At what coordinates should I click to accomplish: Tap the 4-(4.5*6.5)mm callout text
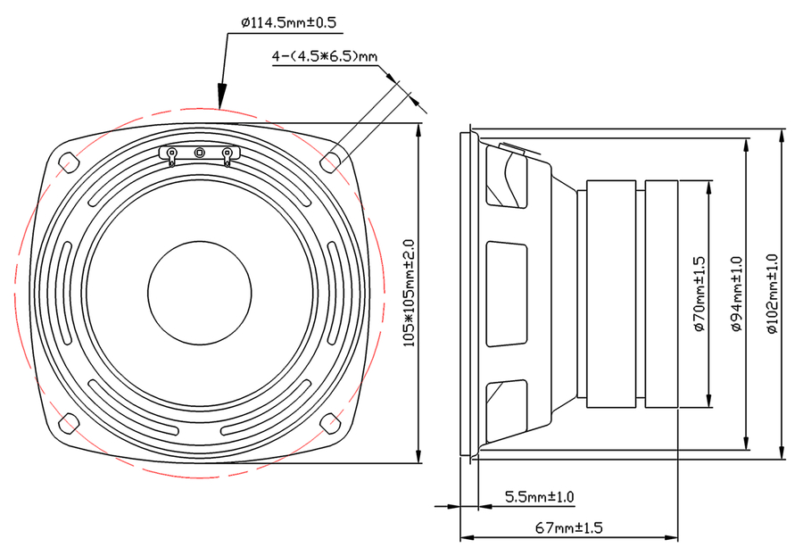[x=325, y=58]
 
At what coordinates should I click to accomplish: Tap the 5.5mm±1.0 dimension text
[x=540, y=496]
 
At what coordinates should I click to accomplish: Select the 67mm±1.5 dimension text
[x=569, y=527]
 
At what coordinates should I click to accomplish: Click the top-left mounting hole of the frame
[x=68, y=161]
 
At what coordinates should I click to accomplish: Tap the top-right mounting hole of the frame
[x=330, y=161]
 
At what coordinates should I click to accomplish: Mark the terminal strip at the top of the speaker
[x=199, y=154]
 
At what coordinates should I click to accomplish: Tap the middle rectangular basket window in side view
[x=507, y=293]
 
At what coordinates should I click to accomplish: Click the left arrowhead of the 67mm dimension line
[x=466, y=538]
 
